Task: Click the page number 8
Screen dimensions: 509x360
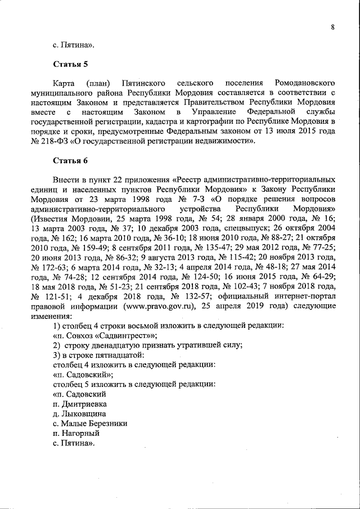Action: [x=332, y=26]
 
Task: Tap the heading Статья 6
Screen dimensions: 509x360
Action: [x=70, y=161]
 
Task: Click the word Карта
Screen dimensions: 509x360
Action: [x=64, y=83]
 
